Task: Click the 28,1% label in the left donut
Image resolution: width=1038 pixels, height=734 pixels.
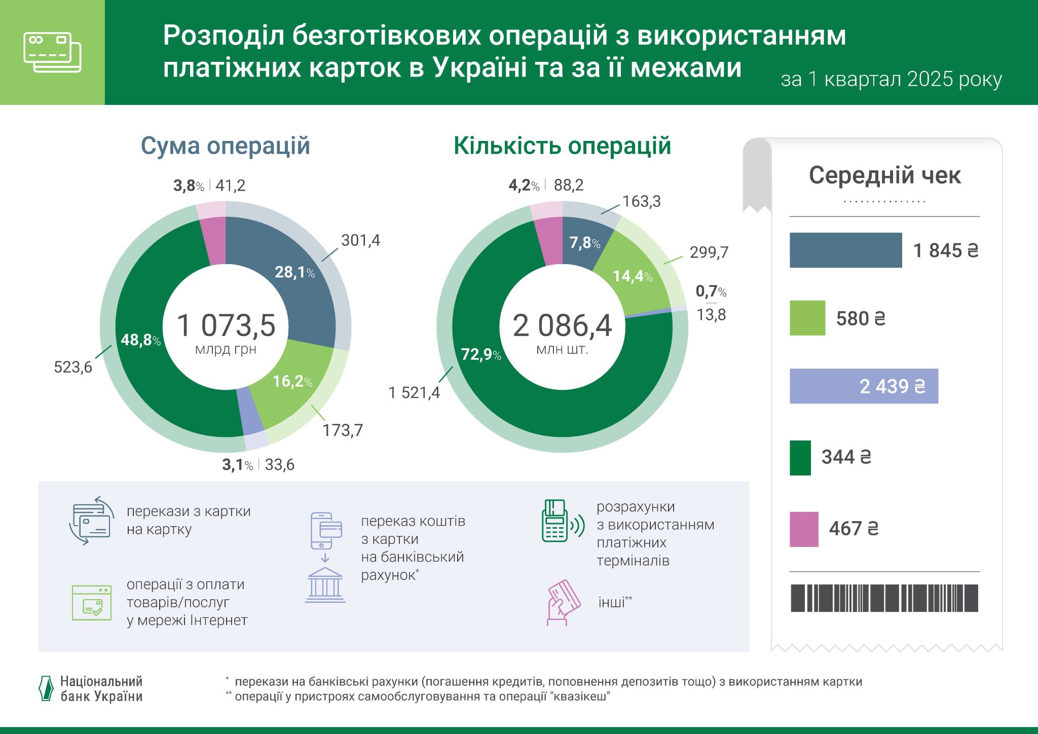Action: (x=294, y=273)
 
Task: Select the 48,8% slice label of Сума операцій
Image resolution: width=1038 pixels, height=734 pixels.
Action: (x=140, y=340)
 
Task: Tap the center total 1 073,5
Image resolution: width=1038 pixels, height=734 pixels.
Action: (x=226, y=325)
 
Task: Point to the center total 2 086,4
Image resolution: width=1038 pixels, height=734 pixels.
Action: (x=562, y=325)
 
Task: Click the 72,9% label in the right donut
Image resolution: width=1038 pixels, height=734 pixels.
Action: (x=480, y=354)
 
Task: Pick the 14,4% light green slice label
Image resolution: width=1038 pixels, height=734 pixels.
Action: (x=632, y=276)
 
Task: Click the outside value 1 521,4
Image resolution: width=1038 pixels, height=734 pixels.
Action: (x=414, y=393)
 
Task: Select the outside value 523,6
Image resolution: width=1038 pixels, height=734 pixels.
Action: (x=73, y=367)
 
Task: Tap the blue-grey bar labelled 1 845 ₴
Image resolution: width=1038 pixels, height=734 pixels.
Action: (x=845, y=250)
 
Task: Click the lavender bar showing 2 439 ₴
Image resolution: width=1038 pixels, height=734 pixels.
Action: (x=863, y=386)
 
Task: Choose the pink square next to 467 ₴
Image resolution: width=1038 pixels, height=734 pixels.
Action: (x=804, y=529)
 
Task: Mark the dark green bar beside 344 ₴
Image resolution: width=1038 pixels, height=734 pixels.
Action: (x=800, y=458)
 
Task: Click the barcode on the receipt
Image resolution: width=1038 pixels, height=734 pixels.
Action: (x=884, y=598)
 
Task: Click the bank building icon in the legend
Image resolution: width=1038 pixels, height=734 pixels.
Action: (x=325, y=585)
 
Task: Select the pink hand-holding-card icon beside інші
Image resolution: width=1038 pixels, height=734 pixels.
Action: (x=563, y=603)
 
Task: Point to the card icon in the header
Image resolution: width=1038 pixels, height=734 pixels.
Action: (x=52, y=52)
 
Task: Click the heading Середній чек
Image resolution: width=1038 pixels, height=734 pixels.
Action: (x=884, y=176)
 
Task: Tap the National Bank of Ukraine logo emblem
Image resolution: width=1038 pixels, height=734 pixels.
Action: (x=46, y=688)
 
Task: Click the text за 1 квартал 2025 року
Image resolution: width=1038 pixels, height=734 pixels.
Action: (x=891, y=80)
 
